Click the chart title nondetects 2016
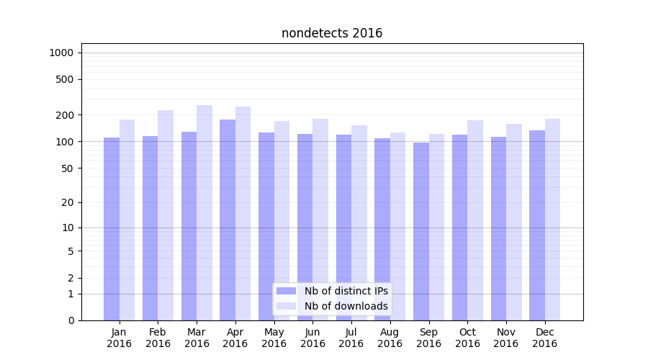point(332,33)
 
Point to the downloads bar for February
point(166,215)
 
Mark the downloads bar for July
point(359,222)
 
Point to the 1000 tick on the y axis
point(61,53)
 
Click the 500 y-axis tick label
point(64,79)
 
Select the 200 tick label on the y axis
point(64,115)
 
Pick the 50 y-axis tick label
point(67,168)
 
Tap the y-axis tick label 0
point(71,320)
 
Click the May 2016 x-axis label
point(274,338)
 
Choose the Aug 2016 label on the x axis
point(390,338)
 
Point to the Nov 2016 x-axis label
point(505,338)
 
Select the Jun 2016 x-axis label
point(312,338)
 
